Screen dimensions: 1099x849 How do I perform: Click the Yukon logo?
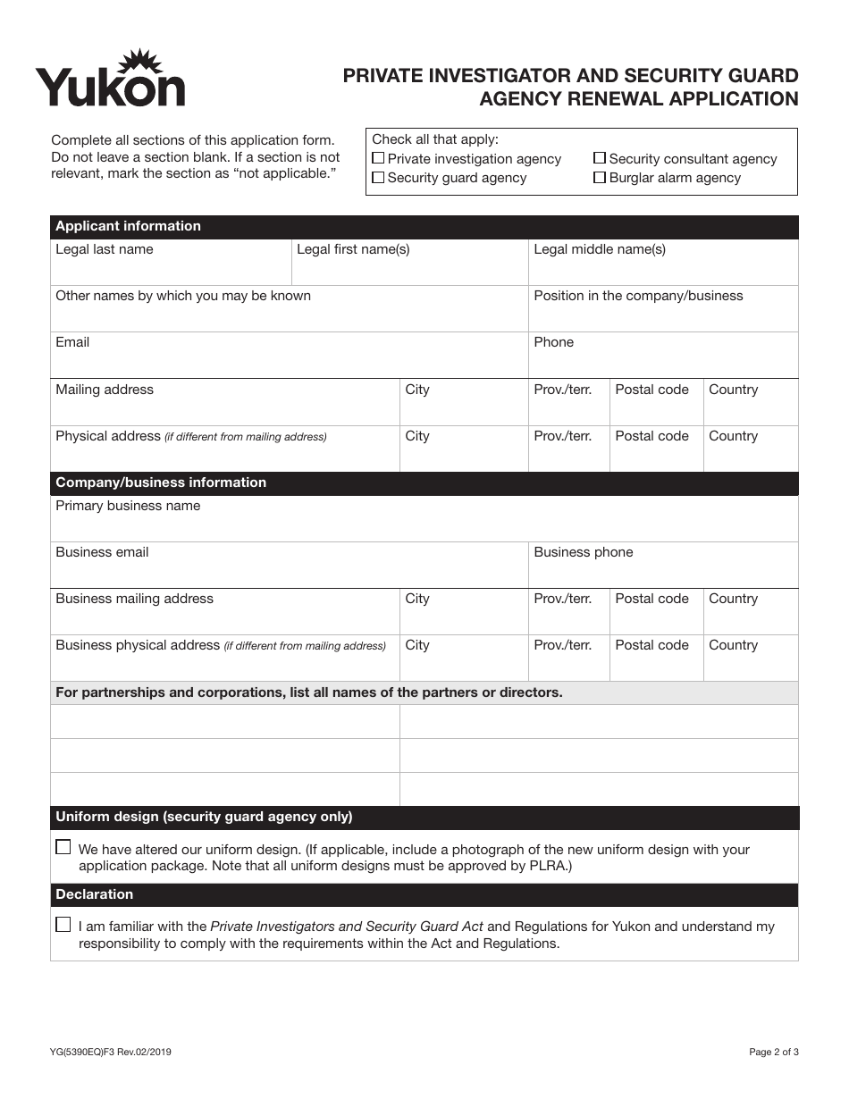(110, 80)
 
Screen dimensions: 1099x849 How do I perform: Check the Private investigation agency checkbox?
(378, 158)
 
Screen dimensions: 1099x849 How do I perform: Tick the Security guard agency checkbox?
(378, 178)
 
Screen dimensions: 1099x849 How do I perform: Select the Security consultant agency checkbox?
(600, 158)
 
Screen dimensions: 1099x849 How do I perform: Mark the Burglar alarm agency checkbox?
(600, 178)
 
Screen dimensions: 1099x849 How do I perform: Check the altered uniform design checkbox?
(63, 847)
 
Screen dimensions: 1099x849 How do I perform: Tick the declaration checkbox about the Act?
(63, 925)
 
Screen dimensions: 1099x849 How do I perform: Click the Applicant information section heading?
(129, 226)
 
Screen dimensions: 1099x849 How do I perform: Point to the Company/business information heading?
(161, 482)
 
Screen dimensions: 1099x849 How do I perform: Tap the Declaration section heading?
(95, 894)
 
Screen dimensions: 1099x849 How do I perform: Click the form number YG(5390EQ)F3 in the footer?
(111, 1053)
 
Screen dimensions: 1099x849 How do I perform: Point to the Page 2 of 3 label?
(773, 1053)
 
